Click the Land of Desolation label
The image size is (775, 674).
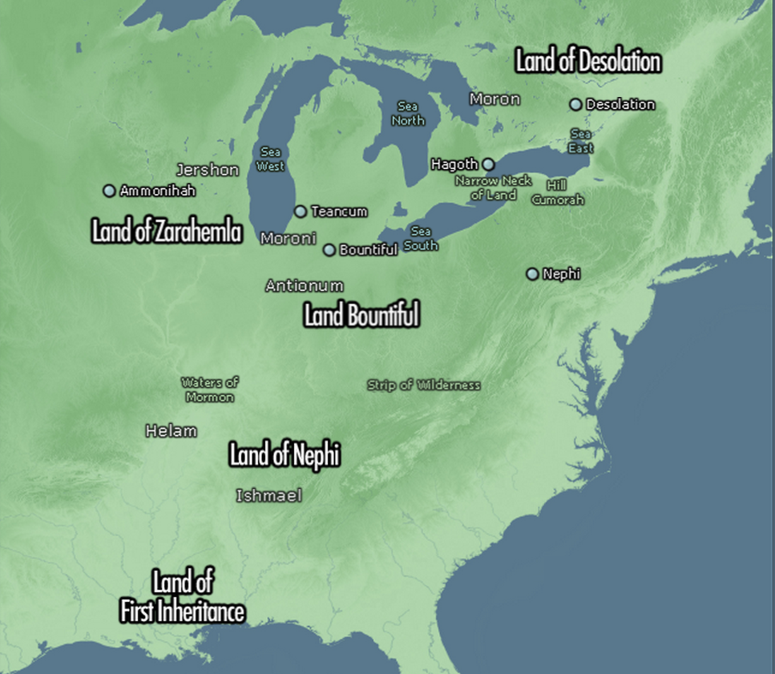587,62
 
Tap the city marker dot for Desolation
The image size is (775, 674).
575,104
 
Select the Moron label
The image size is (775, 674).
494,99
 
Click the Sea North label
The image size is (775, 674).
408,113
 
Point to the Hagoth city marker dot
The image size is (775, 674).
488,164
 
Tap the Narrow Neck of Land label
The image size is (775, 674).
493,188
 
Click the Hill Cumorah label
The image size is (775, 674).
558,192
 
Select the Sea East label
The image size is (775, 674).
581,141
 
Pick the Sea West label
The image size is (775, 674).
271,159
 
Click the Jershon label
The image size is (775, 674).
208,170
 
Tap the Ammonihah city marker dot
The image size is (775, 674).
109,191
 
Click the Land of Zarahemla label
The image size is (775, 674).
166,232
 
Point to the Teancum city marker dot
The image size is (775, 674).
301,212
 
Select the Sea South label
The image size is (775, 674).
421,239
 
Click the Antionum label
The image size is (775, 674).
305,285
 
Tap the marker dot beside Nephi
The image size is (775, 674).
532,274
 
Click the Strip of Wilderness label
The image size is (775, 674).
424,385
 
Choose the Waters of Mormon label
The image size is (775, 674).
210,389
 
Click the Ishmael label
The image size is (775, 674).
269,496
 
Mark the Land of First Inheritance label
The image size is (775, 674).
182,598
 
